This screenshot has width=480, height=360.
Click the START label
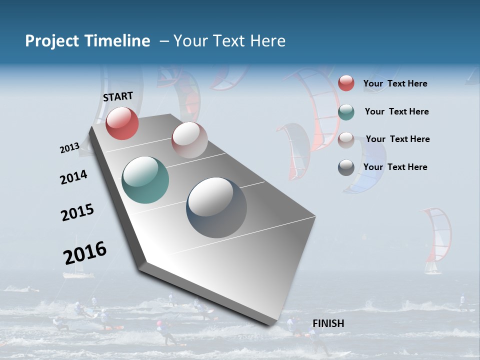118,96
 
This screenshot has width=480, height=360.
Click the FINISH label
328,323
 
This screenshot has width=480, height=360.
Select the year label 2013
69,148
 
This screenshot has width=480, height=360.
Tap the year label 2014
73,177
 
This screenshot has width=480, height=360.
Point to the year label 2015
77,212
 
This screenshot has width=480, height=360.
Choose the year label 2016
85,252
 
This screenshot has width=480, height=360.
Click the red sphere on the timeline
122,123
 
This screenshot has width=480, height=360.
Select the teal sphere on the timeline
145,180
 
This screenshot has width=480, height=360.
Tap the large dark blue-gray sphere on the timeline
216,207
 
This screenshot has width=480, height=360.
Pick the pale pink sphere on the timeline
189,140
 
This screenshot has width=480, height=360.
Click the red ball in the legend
346,83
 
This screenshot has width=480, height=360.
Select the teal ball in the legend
346,112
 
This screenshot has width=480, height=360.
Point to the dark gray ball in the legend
346,167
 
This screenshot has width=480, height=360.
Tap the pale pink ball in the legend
346,140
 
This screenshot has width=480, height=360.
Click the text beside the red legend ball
395,83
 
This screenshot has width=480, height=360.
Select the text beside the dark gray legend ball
395,167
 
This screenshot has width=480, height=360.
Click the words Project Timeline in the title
87,41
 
